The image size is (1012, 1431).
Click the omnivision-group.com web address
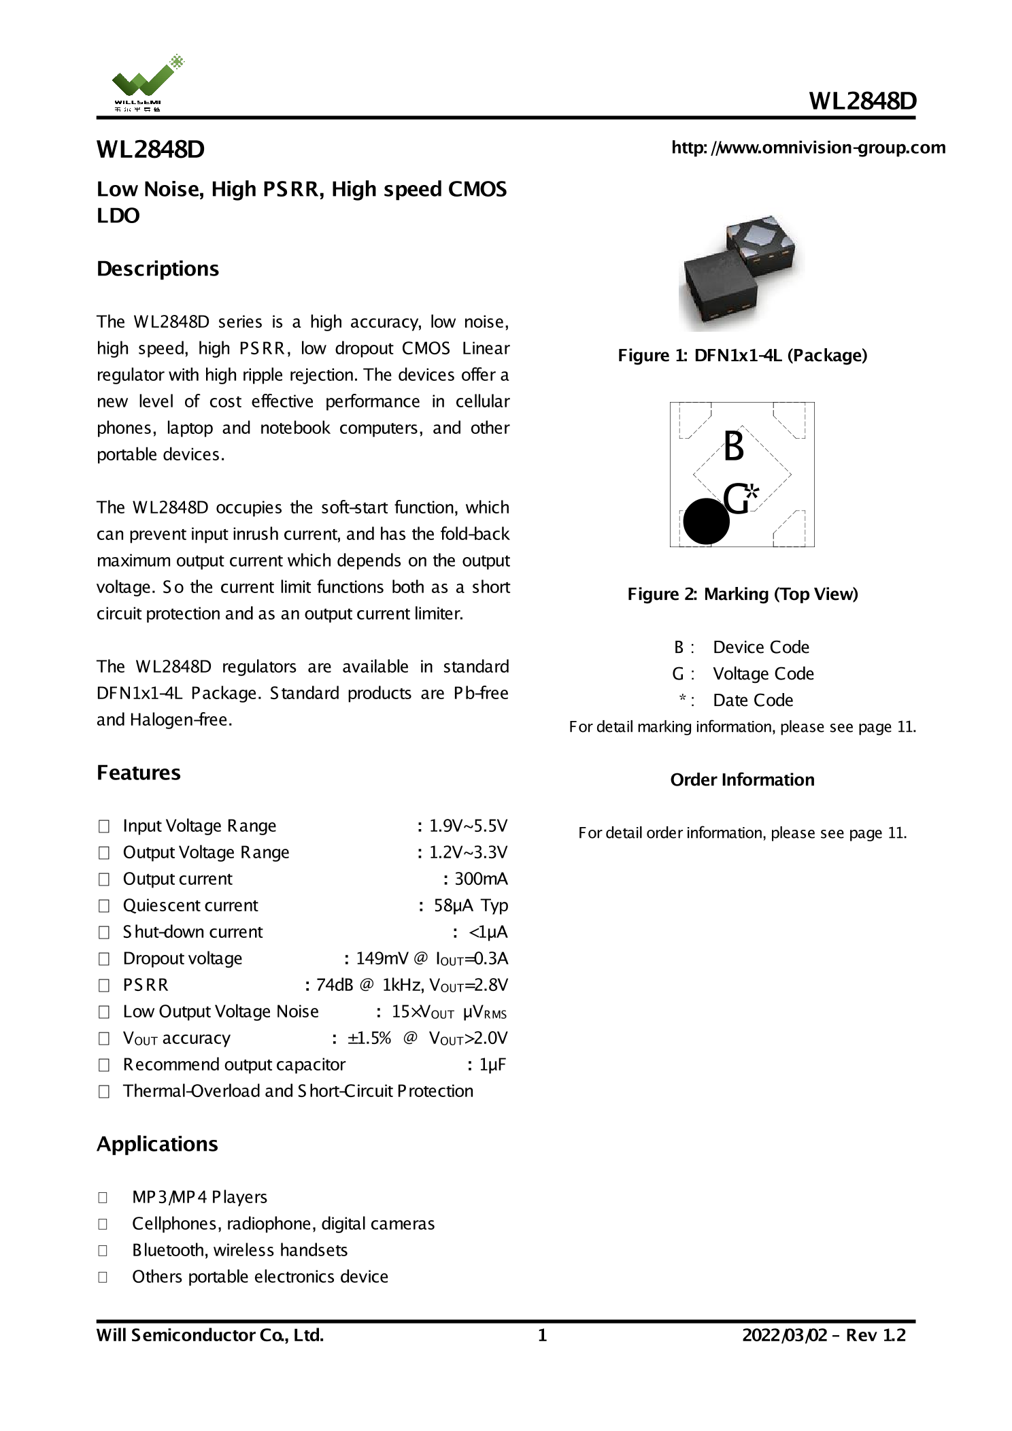pyautogui.click(x=808, y=148)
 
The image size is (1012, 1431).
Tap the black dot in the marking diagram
pyautogui.click(x=706, y=522)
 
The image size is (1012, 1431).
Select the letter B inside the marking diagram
pyautogui.click(x=733, y=447)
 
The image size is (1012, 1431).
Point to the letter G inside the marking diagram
pyautogui.click(x=736, y=499)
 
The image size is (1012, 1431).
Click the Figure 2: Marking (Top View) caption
pyautogui.click(x=742, y=594)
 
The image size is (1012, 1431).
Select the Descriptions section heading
pyautogui.click(x=158, y=269)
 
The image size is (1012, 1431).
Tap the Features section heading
pyautogui.click(x=139, y=773)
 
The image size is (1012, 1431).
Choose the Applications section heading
pyautogui.click(x=157, y=1144)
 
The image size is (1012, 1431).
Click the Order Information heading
pyautogui.click(x=742, y=779)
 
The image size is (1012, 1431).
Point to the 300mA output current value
pyautogui.click(x=480, y=879)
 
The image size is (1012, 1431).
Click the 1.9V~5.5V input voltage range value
pyautogui.click(x=468, y=826)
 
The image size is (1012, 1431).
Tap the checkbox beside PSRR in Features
pyautogui.click(x=104, y=986)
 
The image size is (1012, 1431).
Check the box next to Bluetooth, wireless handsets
pyautogui.click(x=103, y=1250)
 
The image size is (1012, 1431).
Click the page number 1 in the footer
pyautogui.click(x=542, y=1335)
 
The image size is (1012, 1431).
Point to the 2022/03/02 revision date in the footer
pyautogui.click(x=784, y=1335)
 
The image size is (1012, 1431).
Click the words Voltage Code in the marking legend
pyautogui.click(x=763, y=673)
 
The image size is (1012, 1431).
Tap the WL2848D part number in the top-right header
pyautogui.click(x=862, y=101)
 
